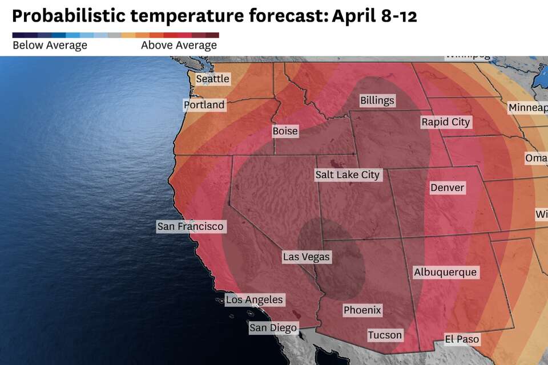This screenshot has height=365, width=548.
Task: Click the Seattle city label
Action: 212,79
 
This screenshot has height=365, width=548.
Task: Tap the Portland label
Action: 204,105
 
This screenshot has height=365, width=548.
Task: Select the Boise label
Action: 285,131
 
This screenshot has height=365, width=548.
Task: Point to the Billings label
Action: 377,100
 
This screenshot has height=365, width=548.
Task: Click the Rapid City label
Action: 446,121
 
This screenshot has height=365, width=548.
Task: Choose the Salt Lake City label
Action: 347,175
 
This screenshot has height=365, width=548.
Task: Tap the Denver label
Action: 448,188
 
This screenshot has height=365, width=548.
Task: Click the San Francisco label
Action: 191,226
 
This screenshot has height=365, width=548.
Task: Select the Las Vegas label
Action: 307,257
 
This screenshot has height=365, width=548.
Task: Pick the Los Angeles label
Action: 254,299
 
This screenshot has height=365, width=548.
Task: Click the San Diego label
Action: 273,327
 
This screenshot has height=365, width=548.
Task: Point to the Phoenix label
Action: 362,310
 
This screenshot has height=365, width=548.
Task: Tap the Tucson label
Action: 385,335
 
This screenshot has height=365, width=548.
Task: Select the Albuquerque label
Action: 445,272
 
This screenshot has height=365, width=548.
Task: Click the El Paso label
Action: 462,339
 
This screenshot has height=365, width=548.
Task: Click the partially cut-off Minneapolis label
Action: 528,108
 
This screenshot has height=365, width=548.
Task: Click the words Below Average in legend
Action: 50,46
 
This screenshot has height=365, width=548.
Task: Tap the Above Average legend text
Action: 179,46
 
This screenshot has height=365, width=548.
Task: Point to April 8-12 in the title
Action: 374,15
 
